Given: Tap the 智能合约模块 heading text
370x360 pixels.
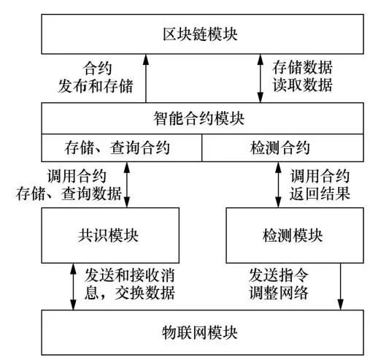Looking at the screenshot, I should (201, 117).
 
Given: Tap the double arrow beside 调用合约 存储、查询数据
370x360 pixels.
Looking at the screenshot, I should (129, 183).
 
